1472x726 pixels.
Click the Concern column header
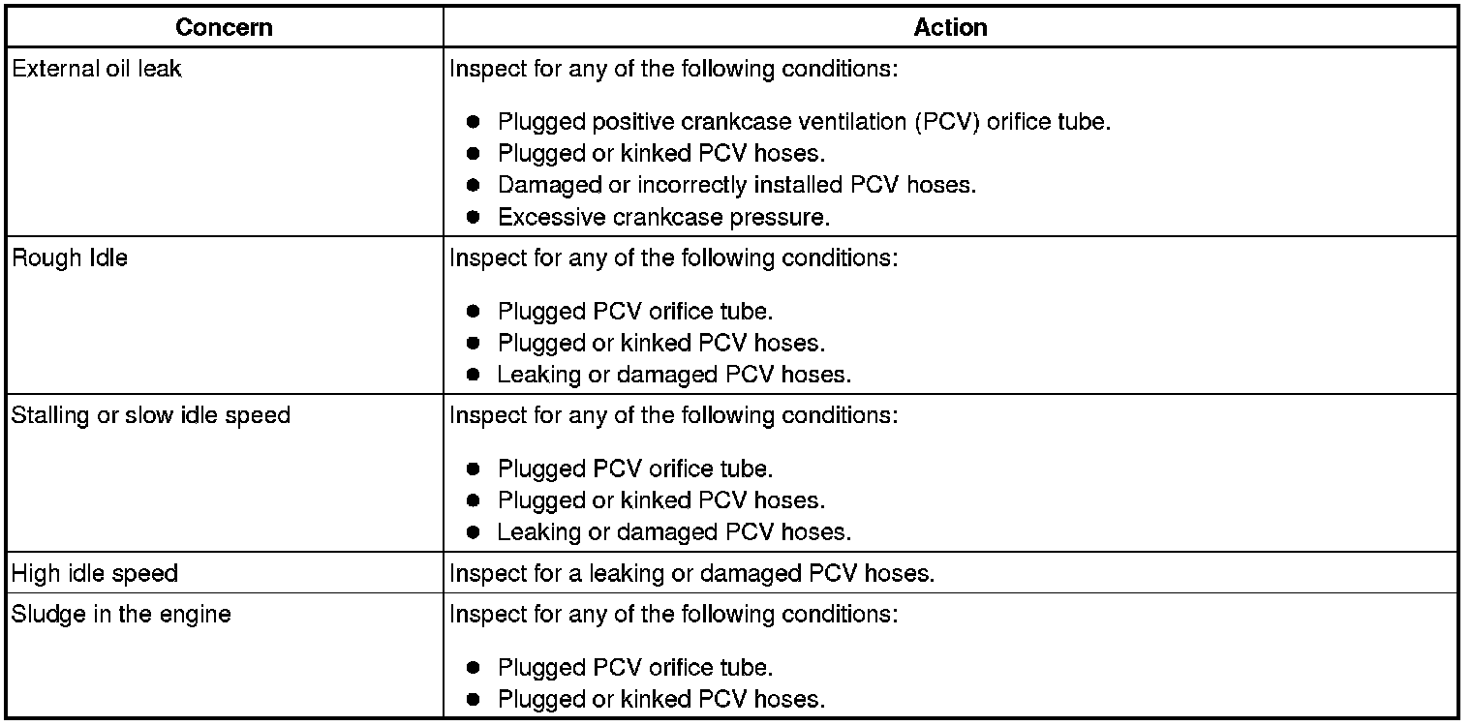[225, 28]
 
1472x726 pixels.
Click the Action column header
[950, 28]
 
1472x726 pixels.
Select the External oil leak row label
[96, 70]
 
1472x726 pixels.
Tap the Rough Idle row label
[69, 259]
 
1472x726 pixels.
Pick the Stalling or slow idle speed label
[150, 416]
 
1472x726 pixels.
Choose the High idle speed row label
[94, 573]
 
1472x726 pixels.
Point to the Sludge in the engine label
[121, 615]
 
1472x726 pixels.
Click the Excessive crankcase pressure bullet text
[663, 218]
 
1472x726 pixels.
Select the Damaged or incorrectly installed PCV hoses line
[736, 185]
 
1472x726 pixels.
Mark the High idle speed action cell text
[691, 573]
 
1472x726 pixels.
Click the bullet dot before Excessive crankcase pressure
[473, 218]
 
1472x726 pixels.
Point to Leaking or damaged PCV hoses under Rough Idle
[674, 375]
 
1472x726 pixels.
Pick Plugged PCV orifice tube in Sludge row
[635, 668]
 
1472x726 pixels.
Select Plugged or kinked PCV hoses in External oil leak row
[661, 153]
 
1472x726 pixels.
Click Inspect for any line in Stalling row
[674, 416]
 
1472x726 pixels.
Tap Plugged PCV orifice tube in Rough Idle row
[635, 312]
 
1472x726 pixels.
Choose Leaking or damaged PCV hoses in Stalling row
[674, 531]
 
